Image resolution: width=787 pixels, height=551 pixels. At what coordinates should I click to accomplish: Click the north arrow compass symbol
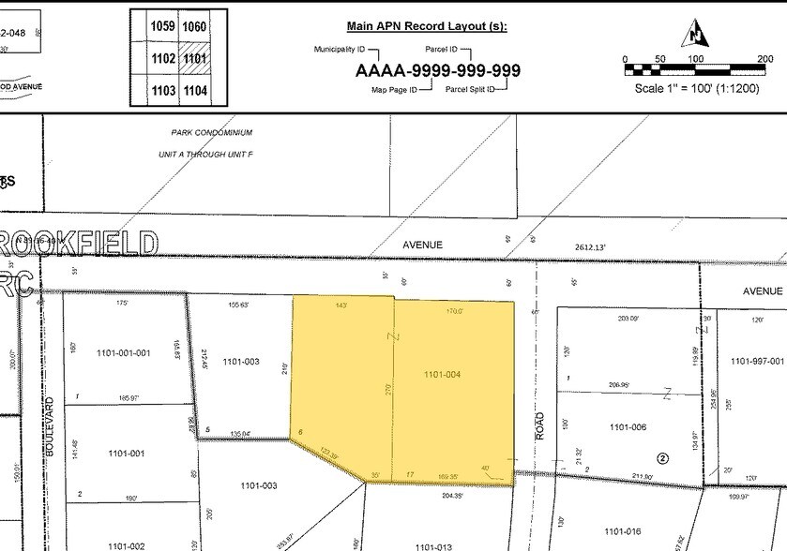pyautogui.click(x=696, y=34)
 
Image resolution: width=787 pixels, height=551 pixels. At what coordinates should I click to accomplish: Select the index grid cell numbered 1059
pyautogui.click(x=162, y=27)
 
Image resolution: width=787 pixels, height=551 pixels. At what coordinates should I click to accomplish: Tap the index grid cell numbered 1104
pyautogui.click(x=194, y=91)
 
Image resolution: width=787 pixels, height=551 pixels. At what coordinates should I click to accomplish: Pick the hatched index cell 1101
pyautogui.click(x=194, y=58)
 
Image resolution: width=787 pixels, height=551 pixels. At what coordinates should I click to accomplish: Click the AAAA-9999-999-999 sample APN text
pyautogui.click(x=437, y=71)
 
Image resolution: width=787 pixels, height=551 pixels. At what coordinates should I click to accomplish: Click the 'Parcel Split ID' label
pyautogui.click(x=475, y=90)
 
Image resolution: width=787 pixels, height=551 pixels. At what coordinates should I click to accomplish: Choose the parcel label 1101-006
pyautogui.click(x=628, y=427)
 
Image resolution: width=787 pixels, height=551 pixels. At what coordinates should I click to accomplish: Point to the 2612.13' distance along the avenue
pyautogui.click(x=591, y=247)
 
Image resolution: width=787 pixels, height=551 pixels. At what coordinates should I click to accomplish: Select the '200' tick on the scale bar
pyautogui.click(x=765, y=59)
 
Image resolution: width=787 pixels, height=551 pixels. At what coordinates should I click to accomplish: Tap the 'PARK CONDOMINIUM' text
pyautogui.click(x=212, y=134)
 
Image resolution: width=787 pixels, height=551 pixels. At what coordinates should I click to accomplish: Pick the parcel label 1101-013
pyautogui.click(x=433, y=546)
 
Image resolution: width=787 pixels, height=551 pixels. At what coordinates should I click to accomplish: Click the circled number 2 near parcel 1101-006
pyautogui.click(x=662, y=458)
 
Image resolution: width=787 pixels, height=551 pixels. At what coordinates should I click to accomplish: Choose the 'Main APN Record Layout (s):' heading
pyautogui.click(x=426, y=26)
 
